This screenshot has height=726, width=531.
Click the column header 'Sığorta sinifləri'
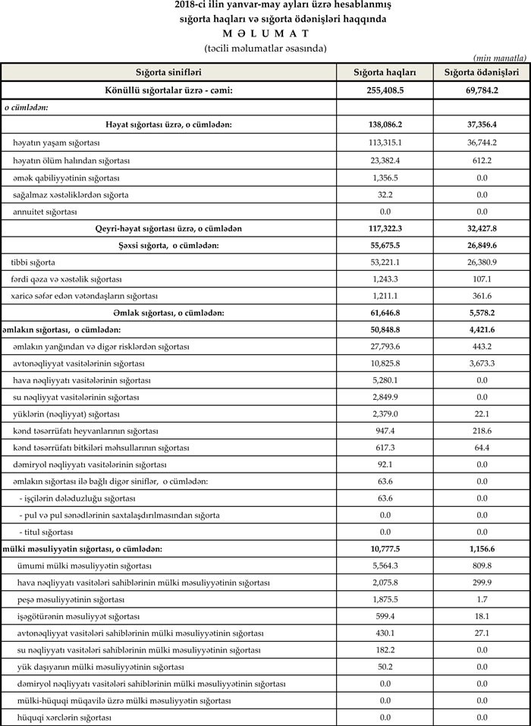(168, 72)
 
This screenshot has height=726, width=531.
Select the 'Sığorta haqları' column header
(385, 72)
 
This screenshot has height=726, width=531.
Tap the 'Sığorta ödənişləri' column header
(481, 72)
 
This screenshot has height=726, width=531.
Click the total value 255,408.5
(385, 90)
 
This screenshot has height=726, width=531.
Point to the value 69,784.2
(481, 90)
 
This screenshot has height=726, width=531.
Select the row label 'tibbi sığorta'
(33, 262)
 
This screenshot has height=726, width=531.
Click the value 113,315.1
(385, 142)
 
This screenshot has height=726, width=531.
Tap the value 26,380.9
(481, 262)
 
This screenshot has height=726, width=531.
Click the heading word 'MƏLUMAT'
(265, 33)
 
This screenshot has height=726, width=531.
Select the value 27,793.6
(385, 346)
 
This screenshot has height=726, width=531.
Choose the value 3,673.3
(481, 363)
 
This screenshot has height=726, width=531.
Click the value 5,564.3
(385, 565)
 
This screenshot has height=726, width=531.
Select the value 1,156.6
(481, 548)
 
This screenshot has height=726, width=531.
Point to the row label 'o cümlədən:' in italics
(27, 107)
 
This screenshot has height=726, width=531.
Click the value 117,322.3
(385, 228)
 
